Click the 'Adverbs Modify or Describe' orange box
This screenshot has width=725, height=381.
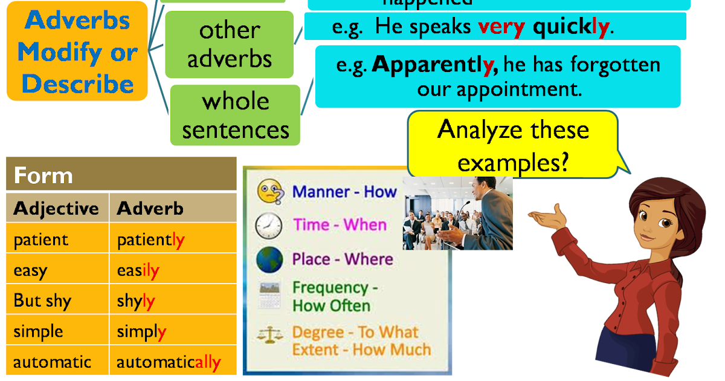(x=77, y=52)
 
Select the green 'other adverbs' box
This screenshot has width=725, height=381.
(x=229, y=45)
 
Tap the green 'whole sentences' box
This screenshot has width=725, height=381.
(x=235, y=115)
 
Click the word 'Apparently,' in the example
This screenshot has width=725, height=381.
(x=435, y=65)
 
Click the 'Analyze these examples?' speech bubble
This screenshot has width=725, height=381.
(x=513, y=145)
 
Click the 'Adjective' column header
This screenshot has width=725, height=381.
(x=57, y=209)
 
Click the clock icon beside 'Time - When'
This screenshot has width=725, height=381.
(x=268, y=226)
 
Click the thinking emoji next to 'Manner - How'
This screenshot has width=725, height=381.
(x=269, y=192)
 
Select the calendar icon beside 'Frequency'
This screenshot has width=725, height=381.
(x=269, y=296)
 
